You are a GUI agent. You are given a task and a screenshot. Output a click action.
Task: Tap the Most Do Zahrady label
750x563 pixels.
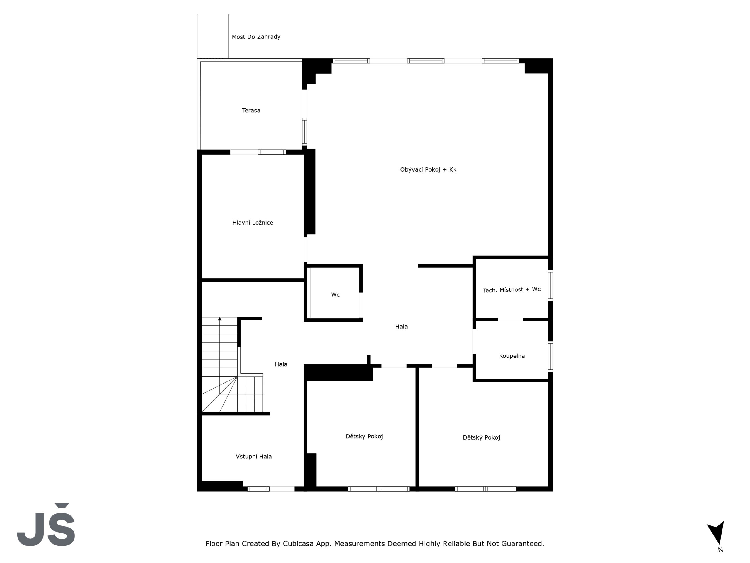tap(256, 37)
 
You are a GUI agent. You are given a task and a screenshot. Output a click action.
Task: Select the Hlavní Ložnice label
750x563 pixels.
tap(253, 223)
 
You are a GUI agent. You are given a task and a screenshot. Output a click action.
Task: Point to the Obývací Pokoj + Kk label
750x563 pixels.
tap(428, 169)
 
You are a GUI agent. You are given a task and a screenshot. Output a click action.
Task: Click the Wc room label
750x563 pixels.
tap(335, 295)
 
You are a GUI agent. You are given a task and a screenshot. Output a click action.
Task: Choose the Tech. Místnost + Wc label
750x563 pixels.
tap(512, 289)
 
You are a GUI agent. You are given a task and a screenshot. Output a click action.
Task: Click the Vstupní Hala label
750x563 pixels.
tap(254, 457)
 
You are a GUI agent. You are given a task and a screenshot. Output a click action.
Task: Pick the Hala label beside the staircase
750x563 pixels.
tap(281, 364)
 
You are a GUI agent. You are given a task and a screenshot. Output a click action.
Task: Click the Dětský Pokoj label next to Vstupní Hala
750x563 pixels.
tap(364, 436)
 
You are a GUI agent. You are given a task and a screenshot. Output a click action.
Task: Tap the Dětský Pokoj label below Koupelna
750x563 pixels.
tap(481, 437)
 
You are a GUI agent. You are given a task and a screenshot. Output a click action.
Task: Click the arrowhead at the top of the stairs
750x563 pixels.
tap(220, 319)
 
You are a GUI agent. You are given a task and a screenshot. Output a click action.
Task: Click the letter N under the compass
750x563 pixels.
tap(720, 550)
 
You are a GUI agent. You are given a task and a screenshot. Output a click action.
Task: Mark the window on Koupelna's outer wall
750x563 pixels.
tap(550, 356)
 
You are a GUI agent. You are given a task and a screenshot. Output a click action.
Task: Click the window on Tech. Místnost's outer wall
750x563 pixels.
tap(550, 285)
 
